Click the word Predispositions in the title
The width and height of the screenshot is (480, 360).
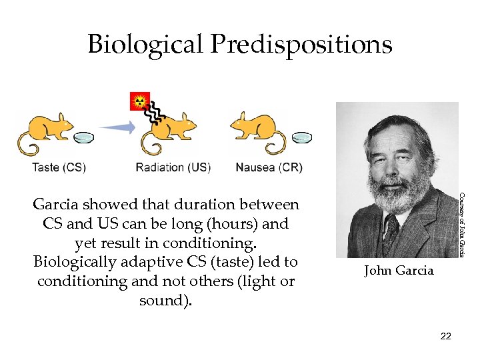pyautogui.click(x=301, y=45)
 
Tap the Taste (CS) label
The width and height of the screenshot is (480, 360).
pyautogui.click(x=59, y=167)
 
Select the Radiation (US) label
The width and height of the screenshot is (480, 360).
pyautogui.click(x=173, y=167)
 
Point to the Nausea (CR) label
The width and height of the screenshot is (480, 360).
pyautogui.click(x=269, y=167)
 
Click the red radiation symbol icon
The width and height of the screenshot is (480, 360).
pyautogui.click(x=140, y=101)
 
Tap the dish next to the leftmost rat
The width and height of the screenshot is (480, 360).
pyautogui.click(x=84, y=138)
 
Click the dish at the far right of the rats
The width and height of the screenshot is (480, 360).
pyautogui.click(x=302, y=137)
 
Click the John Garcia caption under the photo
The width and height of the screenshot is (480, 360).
pyautogui.click(x=398, y=271)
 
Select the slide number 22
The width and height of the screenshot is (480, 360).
pyautogui.click(x=446, y=336)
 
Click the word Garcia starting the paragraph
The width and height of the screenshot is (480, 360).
pyautogui.click(x=56, y=204)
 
